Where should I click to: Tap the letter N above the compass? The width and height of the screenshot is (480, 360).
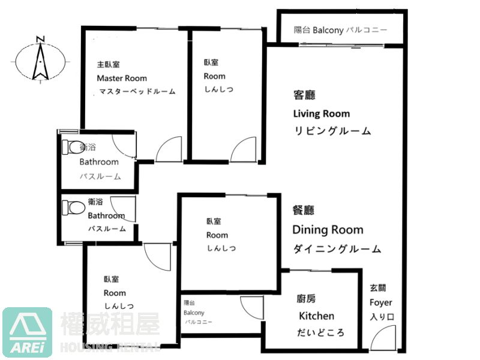[x=40, y=39]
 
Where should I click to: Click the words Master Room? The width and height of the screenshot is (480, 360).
[x=122, y=79]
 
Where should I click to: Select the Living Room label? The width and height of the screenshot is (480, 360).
[x=322, y=113]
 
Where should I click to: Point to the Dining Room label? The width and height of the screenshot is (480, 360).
[x=328, y=230]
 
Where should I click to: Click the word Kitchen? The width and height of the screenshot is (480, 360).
[x=316, y=316]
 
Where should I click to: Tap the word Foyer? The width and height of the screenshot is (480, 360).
[x=380, y=302]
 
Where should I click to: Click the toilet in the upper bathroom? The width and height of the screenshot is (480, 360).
[x=73, y=147]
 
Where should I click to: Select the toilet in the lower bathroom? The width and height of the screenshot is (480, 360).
[x=73, y=208]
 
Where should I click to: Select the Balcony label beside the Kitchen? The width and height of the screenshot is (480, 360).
[x=194, y=313]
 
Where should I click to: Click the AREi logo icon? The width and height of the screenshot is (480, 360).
[x=27, y=332]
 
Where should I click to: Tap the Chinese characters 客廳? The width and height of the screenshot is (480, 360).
[x=304, y=95]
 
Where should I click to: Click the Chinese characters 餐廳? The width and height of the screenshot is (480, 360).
[x=304, y=211]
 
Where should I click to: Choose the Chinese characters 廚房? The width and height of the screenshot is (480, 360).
[x=307, y=298]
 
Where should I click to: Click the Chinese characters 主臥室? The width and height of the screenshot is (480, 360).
[x=109, y=65]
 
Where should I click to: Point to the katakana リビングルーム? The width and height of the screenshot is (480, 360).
[x=332, y=131]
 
